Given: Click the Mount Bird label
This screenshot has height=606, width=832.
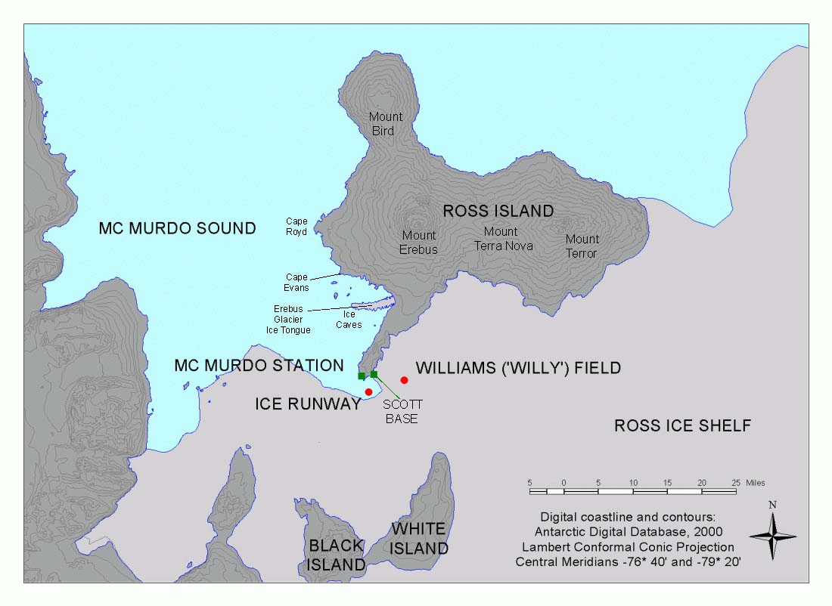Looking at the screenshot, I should pos(386,124).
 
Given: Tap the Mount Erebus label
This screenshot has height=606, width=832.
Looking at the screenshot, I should pos(419,243).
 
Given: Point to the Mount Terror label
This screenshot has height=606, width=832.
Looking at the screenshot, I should pos(582,246).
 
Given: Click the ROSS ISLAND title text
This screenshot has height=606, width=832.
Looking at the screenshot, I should pos(498,211).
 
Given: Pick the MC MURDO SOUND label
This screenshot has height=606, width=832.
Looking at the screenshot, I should pos(177,228).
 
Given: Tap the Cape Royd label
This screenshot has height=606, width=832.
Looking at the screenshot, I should pos(296,227).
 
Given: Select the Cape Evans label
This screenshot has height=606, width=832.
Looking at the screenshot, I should pos(296,282).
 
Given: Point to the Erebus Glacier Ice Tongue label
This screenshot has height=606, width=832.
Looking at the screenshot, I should pos(292,320).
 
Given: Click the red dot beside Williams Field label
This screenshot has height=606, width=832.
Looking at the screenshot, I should pos(405,380).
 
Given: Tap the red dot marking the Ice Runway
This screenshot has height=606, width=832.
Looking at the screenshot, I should pos(368,391).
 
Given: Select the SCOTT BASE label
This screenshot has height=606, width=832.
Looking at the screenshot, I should pos(402,412).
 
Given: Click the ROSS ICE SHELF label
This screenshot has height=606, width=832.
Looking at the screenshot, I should pos(682,426).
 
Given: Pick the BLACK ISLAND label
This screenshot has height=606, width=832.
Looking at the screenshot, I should pos(337,555).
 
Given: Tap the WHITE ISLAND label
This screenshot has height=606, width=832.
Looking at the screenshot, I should pos(419,539).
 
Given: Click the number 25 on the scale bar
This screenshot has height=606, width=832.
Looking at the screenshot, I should pos(735,483).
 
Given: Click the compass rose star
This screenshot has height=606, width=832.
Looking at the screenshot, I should pos(772,536).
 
